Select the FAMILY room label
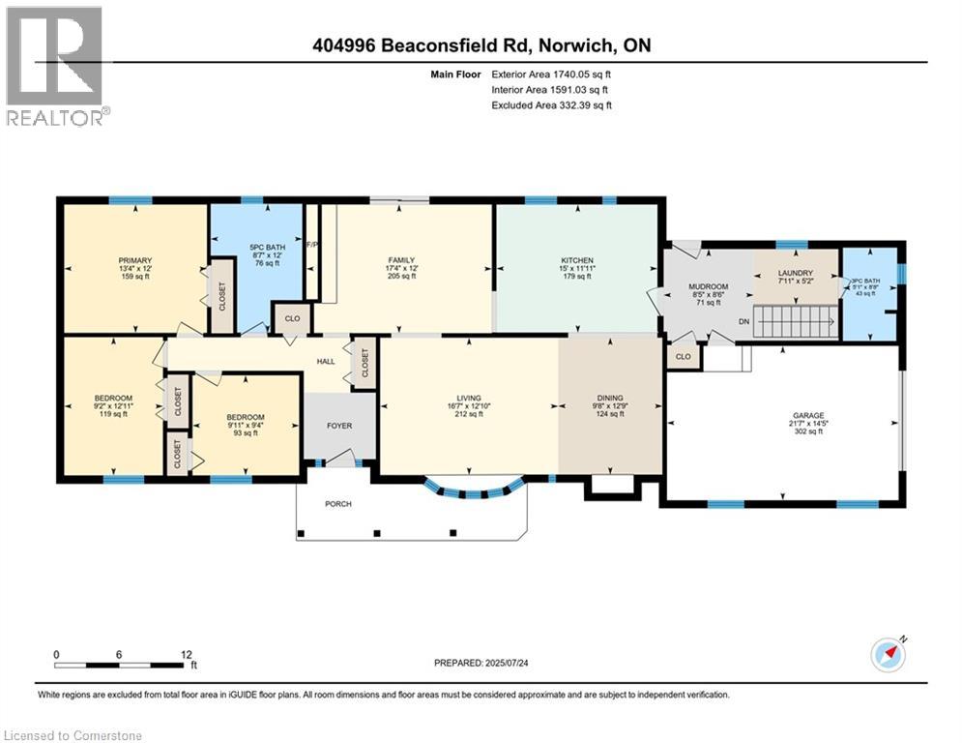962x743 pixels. [x=401, y=259]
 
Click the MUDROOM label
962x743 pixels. [x=708, y=286]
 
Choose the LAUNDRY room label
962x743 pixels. [x=796, y=273]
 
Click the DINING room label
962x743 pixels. [x=610, y=398]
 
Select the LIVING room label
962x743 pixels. [x=469, y=398]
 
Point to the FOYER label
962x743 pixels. [x=338, y=426]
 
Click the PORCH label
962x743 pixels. [x=338, y=504]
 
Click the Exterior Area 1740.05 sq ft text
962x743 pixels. [x=551, y=74]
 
